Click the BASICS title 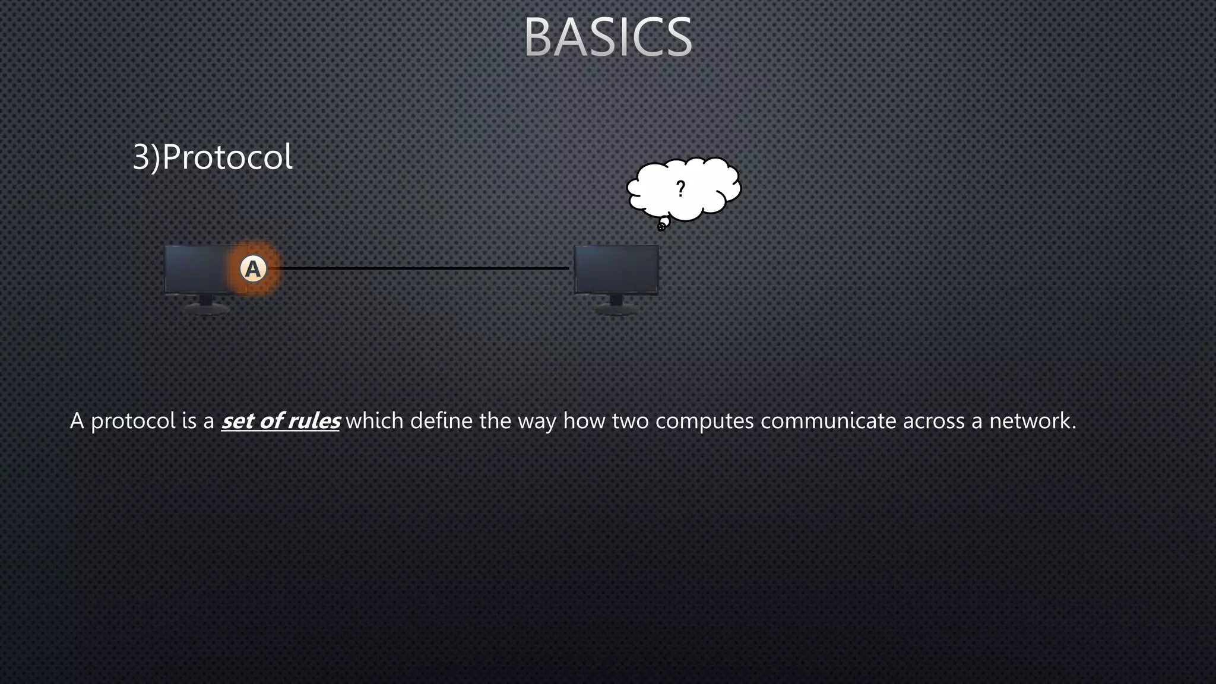(608, 37)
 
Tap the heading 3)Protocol (212, 157)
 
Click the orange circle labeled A (254, 269)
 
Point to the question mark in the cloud (680, 189)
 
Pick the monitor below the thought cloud (616, 270)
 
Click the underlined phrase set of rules (280, 421)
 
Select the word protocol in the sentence (133, 422)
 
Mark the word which (374, 421)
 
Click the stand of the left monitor (205, 305)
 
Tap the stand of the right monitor (616, 305)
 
